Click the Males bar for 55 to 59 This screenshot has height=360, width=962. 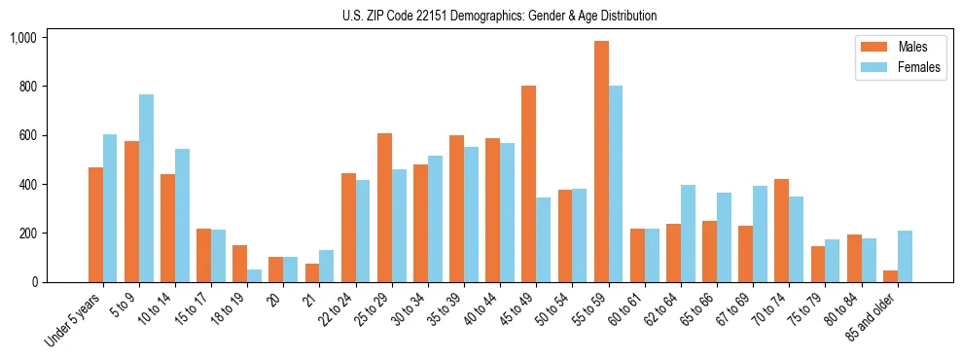[x=601, y=162]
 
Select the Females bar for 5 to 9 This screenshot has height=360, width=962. [x=146, y=188]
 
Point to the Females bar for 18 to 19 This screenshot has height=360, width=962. [x=254, y=275]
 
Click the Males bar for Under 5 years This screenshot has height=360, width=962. [x=95, y=225]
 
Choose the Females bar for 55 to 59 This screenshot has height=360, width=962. [x=616, y=184]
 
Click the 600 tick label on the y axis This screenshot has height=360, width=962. [x=27, y=135]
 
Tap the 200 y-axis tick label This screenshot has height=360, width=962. [x=27, y=234]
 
